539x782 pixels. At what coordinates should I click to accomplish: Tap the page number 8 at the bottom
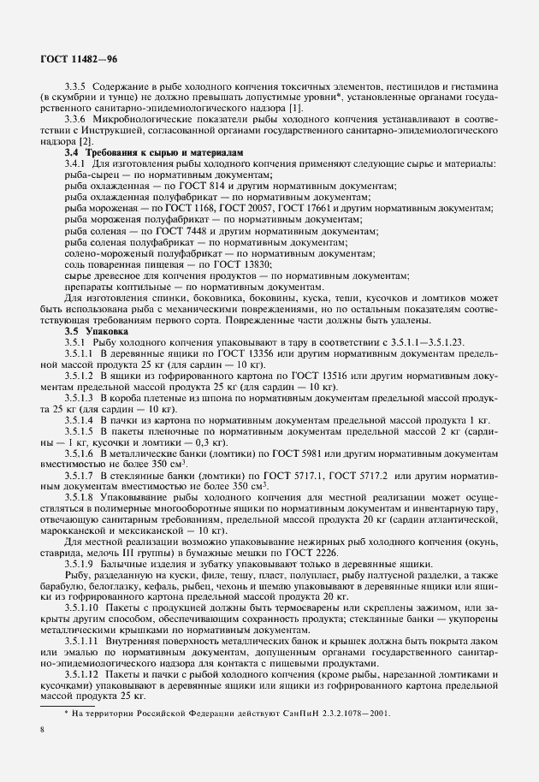pos(42,730)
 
